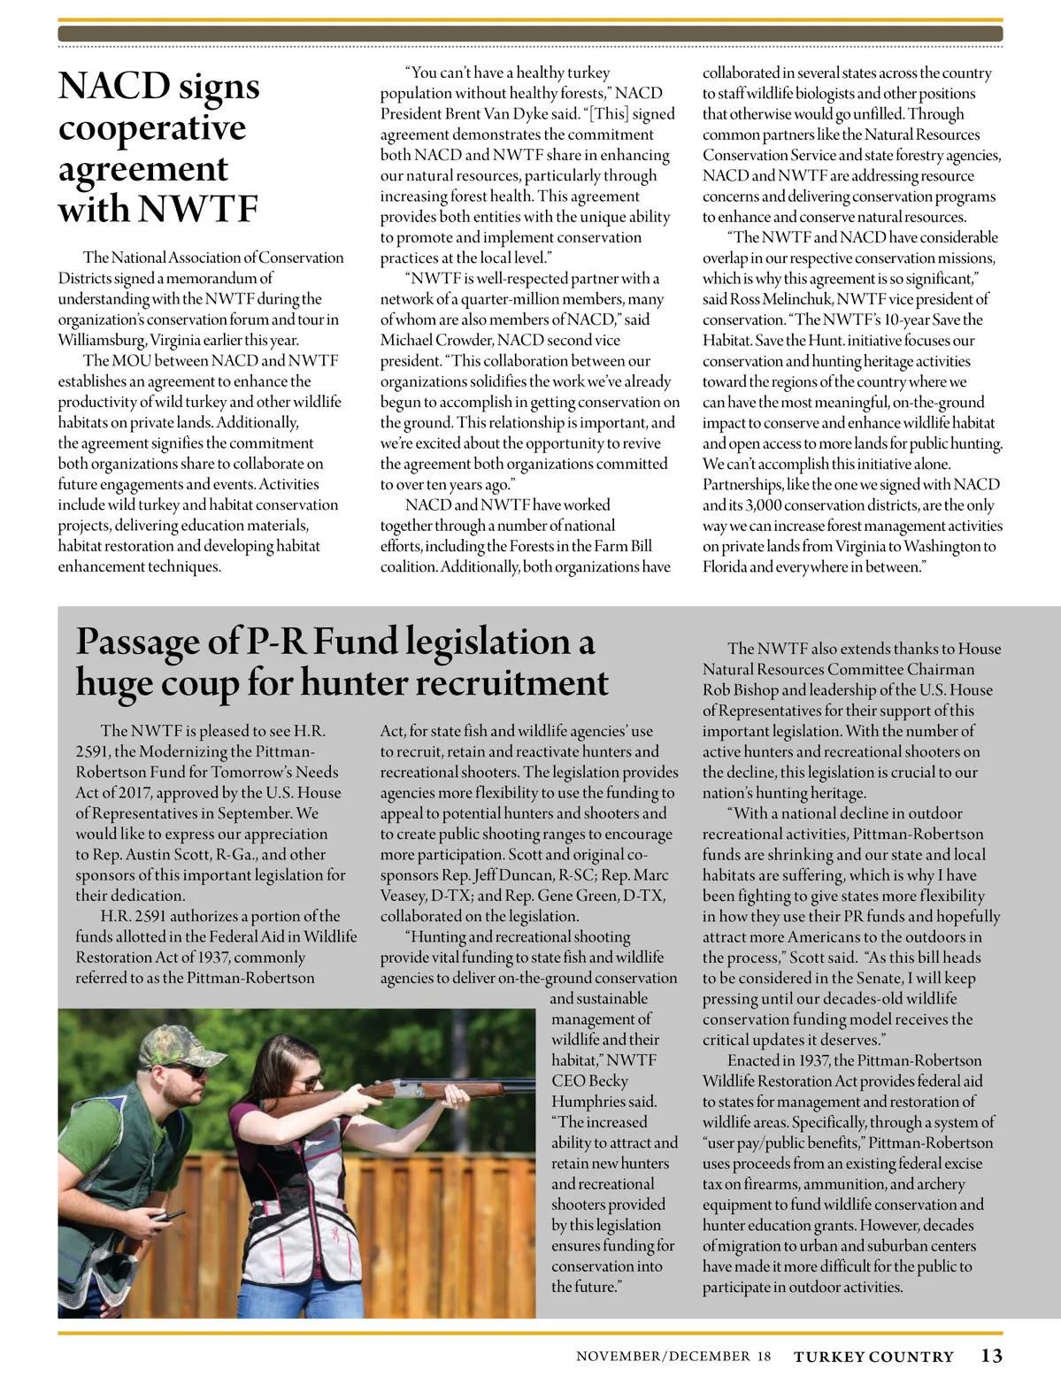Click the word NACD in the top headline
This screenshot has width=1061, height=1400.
[114, 87]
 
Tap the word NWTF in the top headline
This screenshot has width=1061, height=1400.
[198, 210]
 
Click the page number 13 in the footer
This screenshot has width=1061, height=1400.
[991, 1355]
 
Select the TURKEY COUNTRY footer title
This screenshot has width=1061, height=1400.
[873, 1357]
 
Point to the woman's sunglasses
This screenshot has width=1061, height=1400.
[306, 1081]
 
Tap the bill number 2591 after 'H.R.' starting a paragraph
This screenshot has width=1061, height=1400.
[150, 916]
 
